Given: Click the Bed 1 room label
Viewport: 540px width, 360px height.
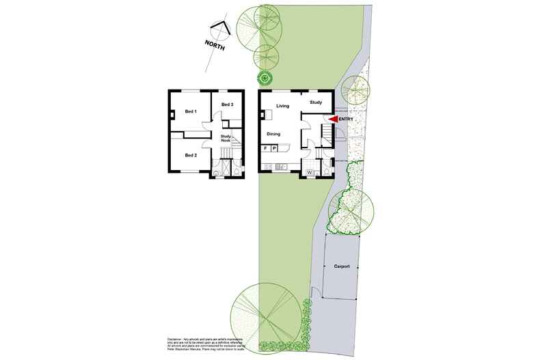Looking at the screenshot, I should pos(191,111).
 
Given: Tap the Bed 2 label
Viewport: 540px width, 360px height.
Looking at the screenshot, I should pos(191,155).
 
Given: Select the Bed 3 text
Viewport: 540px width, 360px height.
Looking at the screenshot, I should pos(227,105).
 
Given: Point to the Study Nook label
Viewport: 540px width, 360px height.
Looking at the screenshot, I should pos(225,138).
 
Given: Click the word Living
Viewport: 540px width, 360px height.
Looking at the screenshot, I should pos(283,106).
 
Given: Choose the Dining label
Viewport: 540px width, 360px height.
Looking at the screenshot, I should pos(273,134).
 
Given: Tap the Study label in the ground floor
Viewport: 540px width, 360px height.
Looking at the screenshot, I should pos(315,102).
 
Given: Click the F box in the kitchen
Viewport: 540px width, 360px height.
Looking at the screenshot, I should pos(265,148).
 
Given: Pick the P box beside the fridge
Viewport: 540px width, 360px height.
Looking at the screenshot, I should pos(273,148).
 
